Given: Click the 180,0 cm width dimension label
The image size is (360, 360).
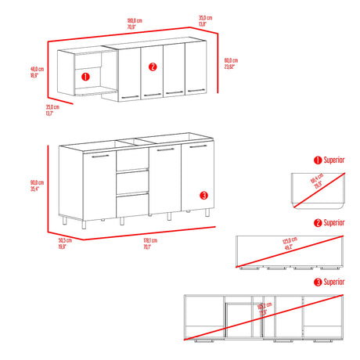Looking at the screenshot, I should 135,23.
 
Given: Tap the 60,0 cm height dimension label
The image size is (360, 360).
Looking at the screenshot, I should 231,65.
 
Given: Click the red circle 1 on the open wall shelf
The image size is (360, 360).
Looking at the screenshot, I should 85,77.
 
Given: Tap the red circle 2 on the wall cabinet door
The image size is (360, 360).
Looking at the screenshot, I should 153,66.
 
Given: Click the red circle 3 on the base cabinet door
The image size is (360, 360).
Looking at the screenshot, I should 203,195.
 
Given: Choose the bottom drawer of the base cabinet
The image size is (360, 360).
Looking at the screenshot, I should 131,205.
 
